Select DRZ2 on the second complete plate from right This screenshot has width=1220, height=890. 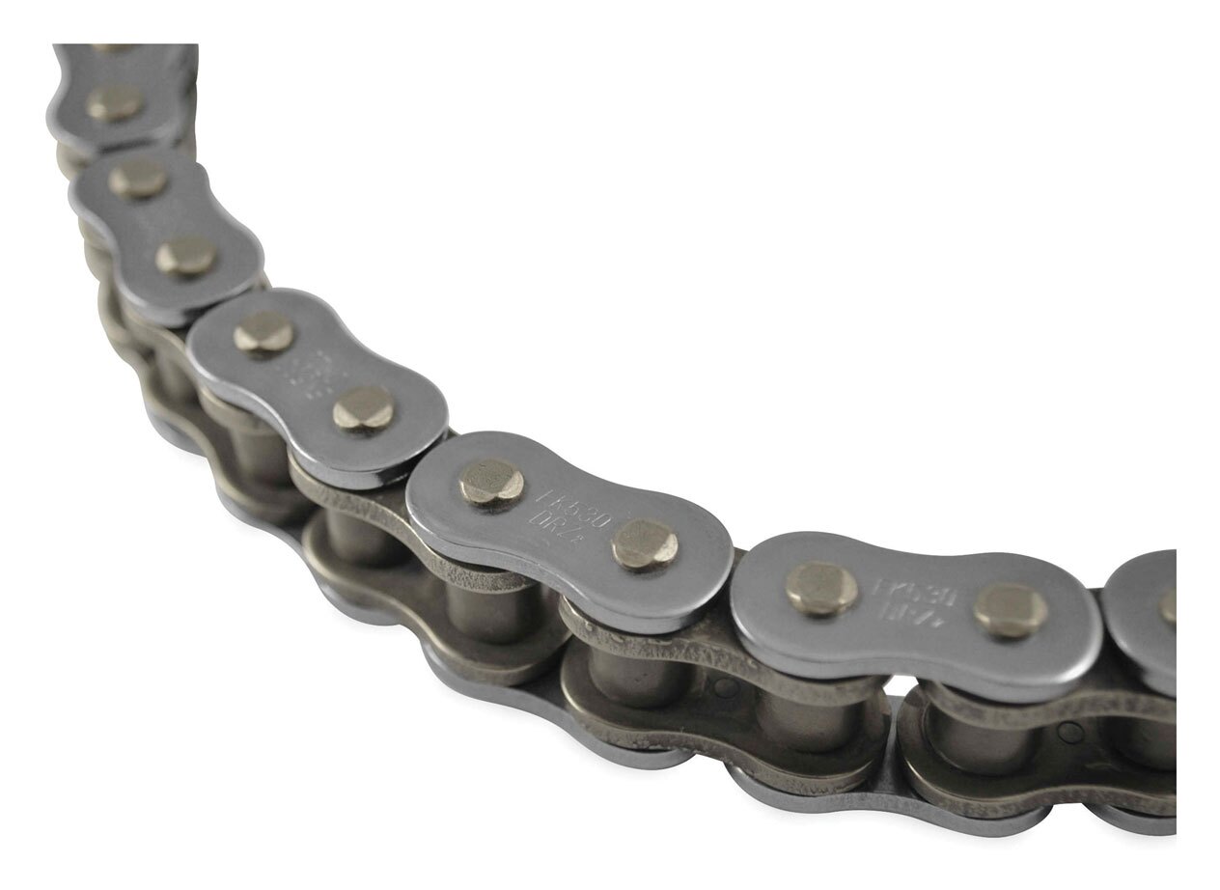[563, 529]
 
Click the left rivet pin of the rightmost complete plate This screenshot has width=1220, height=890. [821, 588]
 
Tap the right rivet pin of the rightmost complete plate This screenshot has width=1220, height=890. [1010, 610]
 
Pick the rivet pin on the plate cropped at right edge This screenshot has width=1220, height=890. [1168, 606]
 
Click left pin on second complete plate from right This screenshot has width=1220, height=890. [491, 481]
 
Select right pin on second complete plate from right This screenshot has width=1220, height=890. [645, 544]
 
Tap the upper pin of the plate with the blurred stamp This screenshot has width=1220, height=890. [263, 332]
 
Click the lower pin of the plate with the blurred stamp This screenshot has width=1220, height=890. [363, 409]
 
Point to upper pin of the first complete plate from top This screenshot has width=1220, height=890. [138, 178]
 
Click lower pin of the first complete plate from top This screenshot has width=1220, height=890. [186, 256]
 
